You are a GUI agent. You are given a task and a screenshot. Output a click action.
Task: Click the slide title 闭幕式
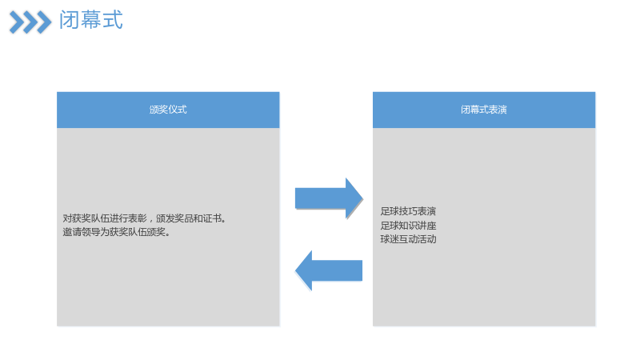point(90,20)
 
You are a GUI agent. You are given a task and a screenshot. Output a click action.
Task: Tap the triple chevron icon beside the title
point(30,22)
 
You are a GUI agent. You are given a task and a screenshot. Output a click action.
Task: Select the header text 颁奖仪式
point(168,110)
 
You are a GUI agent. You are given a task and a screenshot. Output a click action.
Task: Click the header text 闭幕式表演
point(484,110)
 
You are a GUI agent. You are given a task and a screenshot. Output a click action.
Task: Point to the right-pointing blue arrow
point(329,198)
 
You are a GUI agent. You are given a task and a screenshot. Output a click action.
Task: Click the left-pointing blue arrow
point(329,270)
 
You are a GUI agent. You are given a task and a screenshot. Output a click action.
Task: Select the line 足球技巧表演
point(408,211)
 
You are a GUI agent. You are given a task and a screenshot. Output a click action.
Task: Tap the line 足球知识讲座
point(408,226)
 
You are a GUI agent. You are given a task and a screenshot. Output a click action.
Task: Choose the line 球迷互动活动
point(408,239)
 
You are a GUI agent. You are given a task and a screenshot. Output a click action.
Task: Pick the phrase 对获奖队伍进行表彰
point(105,218)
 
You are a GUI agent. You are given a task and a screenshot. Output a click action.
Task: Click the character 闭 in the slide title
point(69,20)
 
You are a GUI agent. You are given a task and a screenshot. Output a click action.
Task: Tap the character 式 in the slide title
point(113,20)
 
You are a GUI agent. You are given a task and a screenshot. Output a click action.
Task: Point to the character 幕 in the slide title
point(90,20)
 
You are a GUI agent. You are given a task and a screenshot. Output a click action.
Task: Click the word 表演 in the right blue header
point(498,110)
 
